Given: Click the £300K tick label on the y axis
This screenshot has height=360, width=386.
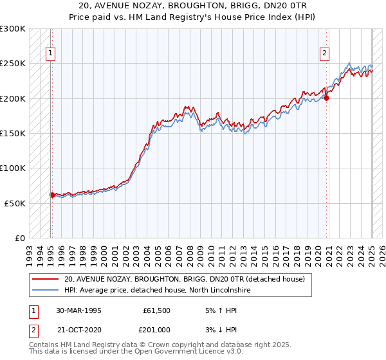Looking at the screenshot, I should click(13, 29).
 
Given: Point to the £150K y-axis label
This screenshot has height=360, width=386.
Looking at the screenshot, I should click(13, 134).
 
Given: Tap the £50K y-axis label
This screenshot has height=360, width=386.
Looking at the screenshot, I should click(15, 203).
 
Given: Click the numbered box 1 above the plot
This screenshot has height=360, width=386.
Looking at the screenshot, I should click(50, 53).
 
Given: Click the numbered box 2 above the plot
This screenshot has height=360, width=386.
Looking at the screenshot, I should click(325, 53).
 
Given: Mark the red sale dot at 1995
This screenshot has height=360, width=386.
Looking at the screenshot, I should click(52, 195).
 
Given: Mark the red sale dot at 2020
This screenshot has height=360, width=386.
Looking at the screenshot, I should click(326, 98).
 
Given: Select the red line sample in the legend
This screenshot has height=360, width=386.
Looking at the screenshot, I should click(45, 279).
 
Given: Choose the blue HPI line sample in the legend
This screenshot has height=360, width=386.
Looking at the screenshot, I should click(45, 291).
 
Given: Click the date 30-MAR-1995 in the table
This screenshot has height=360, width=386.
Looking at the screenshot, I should click(78, 310).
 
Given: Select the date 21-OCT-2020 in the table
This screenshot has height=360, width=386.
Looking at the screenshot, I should click(78, 330).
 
